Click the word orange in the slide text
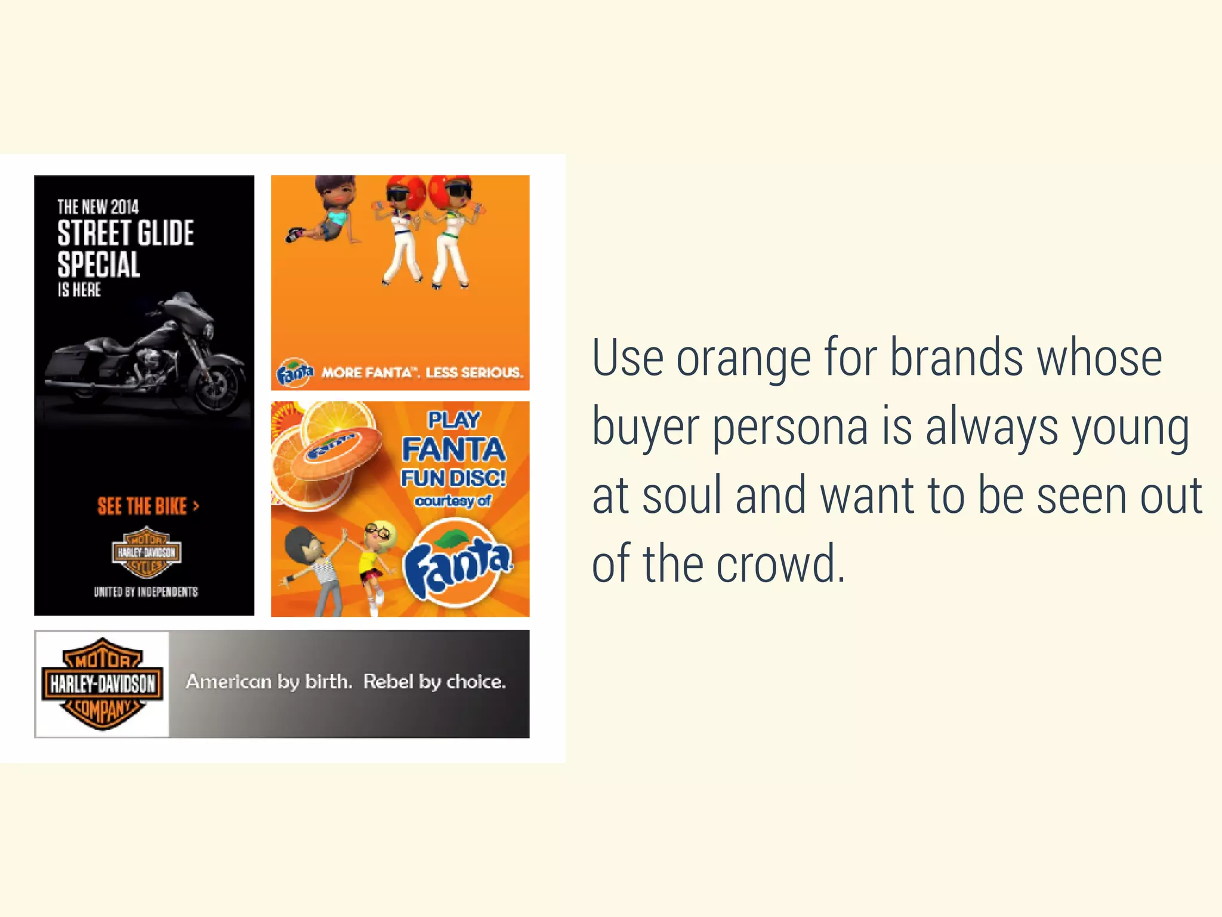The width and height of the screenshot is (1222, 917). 742,359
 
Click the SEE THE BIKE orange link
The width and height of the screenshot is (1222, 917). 147,506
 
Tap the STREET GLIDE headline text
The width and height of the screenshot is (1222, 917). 125,233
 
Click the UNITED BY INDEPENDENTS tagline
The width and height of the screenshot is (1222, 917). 146,592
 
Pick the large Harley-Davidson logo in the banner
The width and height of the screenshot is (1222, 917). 102,684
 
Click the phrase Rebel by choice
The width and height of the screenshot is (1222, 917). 434,682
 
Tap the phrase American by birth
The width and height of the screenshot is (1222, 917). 269,682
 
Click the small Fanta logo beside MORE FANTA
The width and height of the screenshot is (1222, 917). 294,373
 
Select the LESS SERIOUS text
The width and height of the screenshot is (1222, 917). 474,373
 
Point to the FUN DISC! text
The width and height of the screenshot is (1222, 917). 453,478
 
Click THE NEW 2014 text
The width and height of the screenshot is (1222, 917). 98,207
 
